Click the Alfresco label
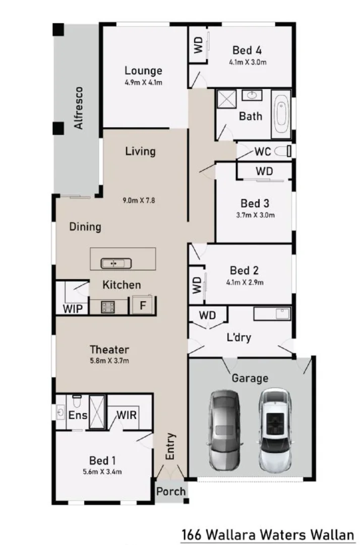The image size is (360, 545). (x=79, y=108)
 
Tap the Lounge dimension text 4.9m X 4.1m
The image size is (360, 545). (x=144, y=83)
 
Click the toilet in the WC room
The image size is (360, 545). (x=289, y=151)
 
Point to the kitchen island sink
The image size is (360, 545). (x=116, y=263)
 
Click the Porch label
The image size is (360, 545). (x=170, y=492)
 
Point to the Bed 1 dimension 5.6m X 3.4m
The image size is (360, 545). (x=102, y=472)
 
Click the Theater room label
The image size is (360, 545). (x=109, y=349)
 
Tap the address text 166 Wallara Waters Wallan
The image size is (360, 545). (x=268, y=533)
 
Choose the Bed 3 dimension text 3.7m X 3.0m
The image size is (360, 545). (x=255, y=214)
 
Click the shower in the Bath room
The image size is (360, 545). (x=227, y=99)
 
